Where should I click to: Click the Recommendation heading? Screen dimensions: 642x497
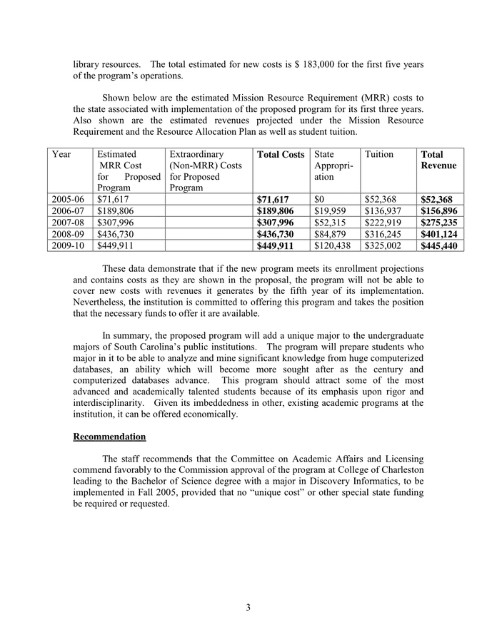(x=109, y=437)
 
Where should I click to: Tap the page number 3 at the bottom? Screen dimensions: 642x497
(x=248, y=608)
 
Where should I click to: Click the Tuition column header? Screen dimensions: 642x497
(x=378, y=154)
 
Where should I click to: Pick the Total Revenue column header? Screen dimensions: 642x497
(x=438, y=160)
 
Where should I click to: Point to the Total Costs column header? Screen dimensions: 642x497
(x=281, y=154)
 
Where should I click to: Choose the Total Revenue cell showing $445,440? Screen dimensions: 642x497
(x=439, y=245)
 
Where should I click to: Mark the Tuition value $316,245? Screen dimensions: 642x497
(x=383, y=234)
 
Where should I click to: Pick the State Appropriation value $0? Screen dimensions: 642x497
(x=321, y=200)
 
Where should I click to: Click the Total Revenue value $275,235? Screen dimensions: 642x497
(x=439, y=223)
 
